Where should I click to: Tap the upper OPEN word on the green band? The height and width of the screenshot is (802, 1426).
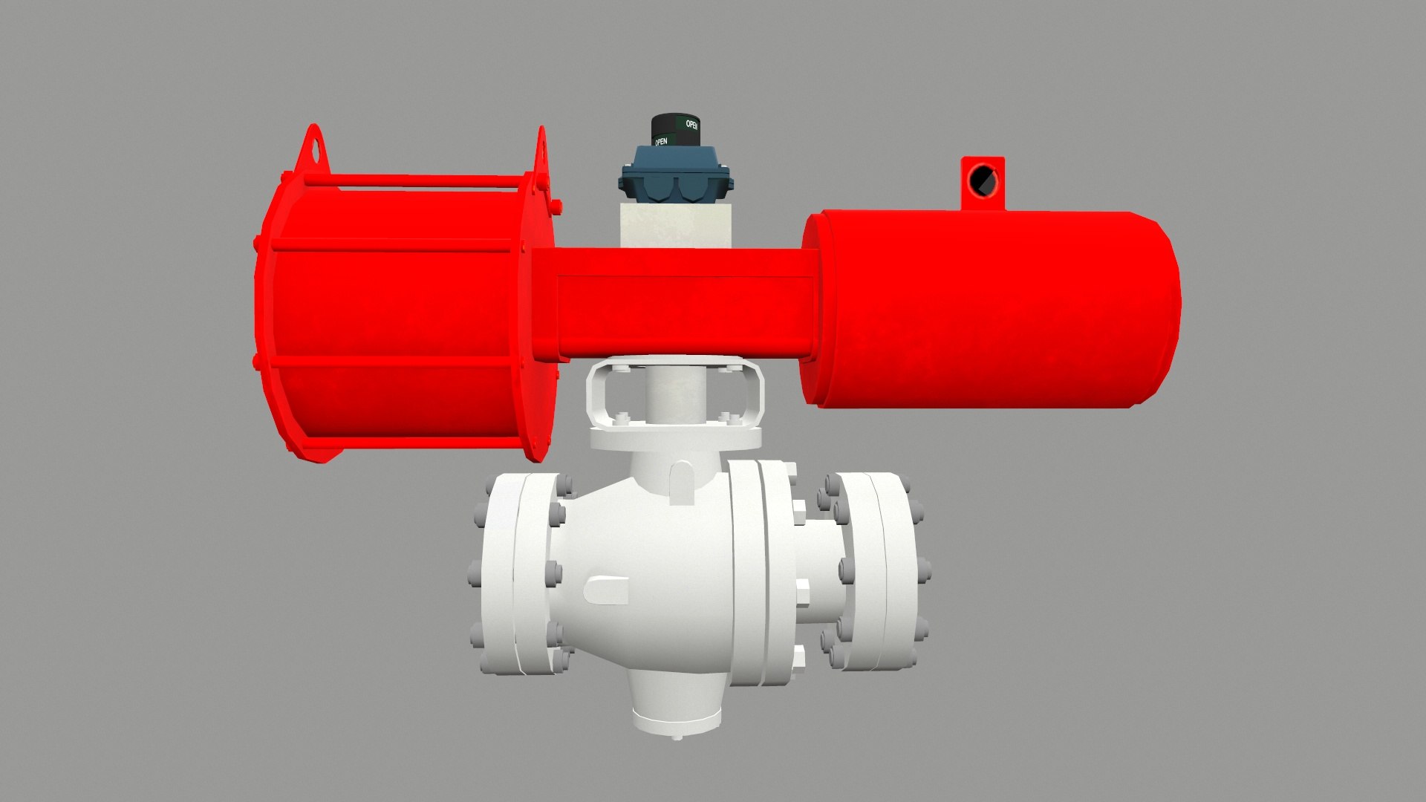tap(691, 125)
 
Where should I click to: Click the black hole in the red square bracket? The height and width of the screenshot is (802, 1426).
tap(983, 180)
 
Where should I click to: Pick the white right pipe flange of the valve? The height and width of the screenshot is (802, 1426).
tap(876, 572)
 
